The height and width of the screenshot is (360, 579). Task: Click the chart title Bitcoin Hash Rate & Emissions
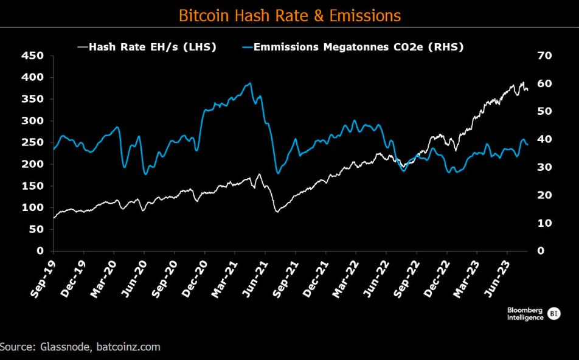(x=289, y=15)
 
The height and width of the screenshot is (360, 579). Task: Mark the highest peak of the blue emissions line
(x=250, y=83)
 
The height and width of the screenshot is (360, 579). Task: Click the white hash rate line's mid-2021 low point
(x=277, y=212)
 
